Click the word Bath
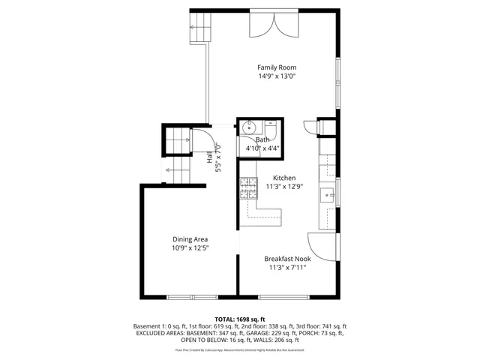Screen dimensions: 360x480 click(x=262, y=139)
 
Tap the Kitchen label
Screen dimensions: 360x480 click(x=273, y=178)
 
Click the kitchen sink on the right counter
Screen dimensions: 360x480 click(x=328, y=196)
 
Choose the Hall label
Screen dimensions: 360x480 click(x=209, y=157)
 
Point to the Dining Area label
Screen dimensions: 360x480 click(x=190, y=238)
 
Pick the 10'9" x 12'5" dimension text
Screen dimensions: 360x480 click(x=190, y=247)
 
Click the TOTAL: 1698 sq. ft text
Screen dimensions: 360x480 click(x=240, y=319)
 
